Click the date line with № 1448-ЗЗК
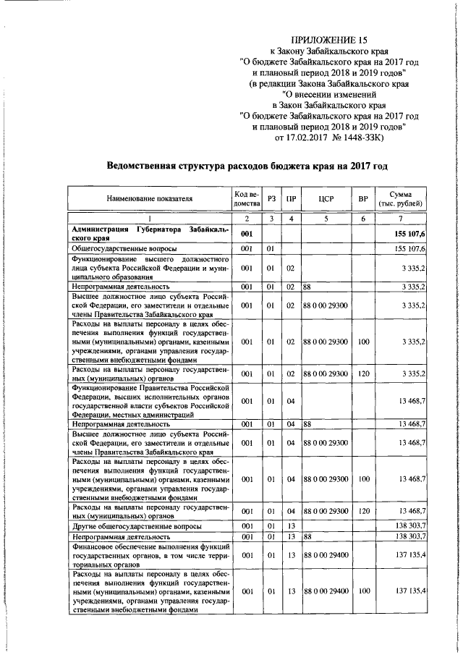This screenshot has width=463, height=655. pyautogui.click(x=328, y=137)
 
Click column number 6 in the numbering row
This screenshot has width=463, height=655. pyautogui.click(x=363, y=218)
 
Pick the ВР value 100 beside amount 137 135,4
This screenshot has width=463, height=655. pyautogui.click(x=363, y=591)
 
